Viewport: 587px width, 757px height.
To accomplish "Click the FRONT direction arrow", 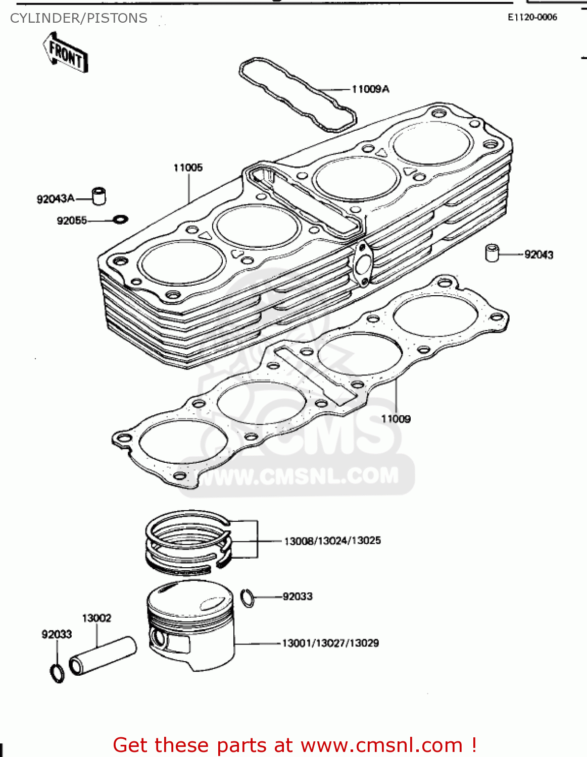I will click(x=65, y=52).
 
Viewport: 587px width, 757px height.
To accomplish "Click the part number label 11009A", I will click(x=370, y=89).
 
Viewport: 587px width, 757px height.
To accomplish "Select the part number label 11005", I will click(x=188, y=168).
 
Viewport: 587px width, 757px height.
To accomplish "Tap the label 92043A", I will click(x=55, y=199).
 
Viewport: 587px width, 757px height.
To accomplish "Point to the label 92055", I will click(x=72, y=221).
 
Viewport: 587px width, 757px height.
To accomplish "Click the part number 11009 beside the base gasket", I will click(x=396, y=419).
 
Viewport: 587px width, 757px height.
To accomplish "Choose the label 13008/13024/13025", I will click(x=332, y=541).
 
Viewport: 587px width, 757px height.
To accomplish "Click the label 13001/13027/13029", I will click(x=330, y=643).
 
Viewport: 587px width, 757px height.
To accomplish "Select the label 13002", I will click(x=96, y=618).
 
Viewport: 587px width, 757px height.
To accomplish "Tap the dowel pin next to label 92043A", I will click(x=99, y=196).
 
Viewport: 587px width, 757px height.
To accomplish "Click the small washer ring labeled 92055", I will click(x=121, y=220).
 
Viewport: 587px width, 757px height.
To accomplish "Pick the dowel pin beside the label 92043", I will click(x=492, y=253).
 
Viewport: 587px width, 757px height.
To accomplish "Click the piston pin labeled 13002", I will click(x=103, y=655).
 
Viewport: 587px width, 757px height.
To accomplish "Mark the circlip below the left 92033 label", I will click(x=57, y=673).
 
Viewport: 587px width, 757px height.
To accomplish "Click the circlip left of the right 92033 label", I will click(x=248, y=598).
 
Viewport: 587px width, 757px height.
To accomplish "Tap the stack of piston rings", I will click(x=188, y=543).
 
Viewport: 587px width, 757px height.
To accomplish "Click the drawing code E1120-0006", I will click(x=532, y=17).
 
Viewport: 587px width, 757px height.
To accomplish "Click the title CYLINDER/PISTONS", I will click(x=79, y=18).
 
